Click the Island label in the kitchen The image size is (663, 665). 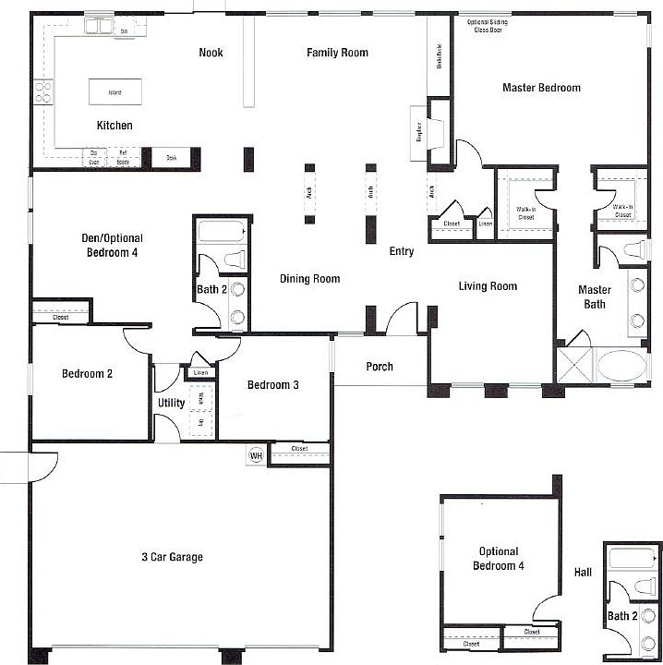click(x=115, y=92)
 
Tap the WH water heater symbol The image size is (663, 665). click(x=255, y=455)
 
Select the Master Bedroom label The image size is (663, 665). click(x=541, y=88)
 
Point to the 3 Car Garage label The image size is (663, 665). click(x=172, y=557)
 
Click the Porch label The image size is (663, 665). click(x=380, y=367)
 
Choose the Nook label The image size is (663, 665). click(x=211, y=53)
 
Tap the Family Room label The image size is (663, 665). click(x=337, y=53)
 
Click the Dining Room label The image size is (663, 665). click(x=309, y=279)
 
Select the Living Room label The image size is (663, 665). click(x=488, y=286)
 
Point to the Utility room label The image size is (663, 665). click(x=171, y=404)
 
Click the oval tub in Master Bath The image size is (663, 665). click(x=622, y=365)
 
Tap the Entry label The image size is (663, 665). click(x=402, y=251)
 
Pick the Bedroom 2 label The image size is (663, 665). click(x=87, y=374)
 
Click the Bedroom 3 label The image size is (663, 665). click(x=272, y=385)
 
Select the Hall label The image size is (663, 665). click(x=583, y=572)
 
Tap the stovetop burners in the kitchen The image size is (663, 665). click(x=42, y=91)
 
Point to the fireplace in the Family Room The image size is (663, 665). click(x=429, y=132)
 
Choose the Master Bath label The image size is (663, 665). click(x=594, y=296)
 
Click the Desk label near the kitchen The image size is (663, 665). click(x=172, y=159)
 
